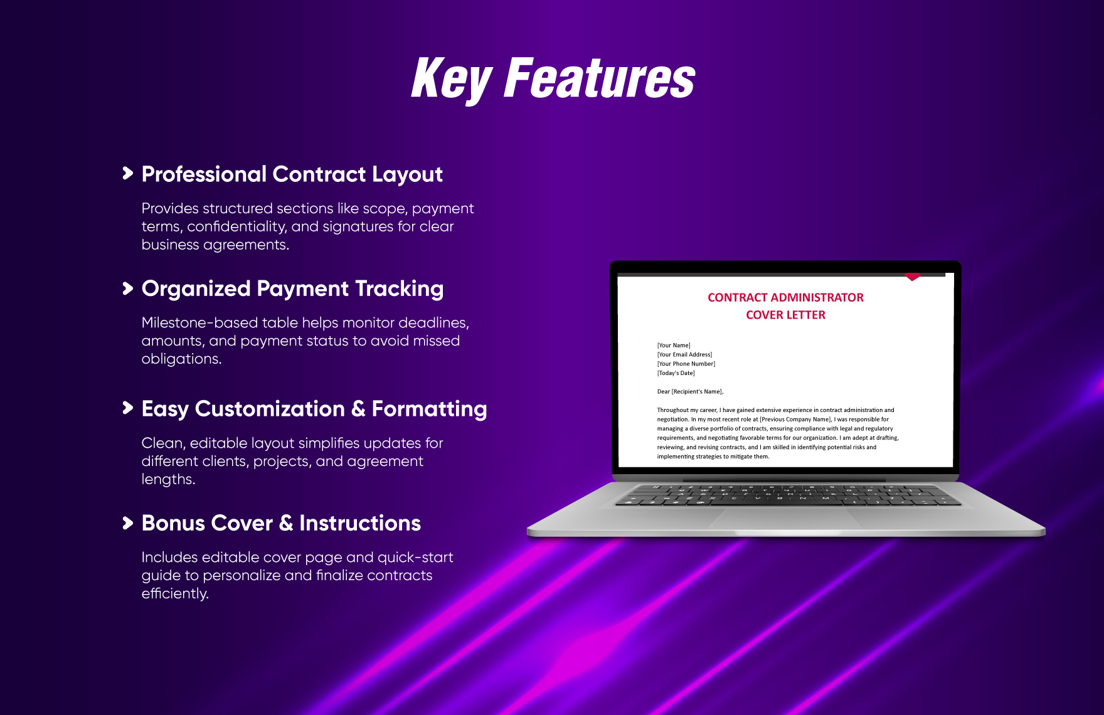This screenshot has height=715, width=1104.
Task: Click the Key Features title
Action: (x=553, y=78)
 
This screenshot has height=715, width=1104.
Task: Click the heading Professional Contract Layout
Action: (x=292, y=174)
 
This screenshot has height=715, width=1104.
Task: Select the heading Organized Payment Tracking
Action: (x=292, y=289)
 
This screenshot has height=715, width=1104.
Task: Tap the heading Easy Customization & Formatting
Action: (x=314, y=409)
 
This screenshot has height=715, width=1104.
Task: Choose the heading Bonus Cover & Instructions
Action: (x=281, y=523)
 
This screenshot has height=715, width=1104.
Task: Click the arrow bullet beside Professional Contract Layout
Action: (x=128, y=173)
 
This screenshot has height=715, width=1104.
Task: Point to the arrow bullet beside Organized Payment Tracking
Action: (x=128, y=288)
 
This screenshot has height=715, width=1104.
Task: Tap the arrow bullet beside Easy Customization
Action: (x=128, y=408)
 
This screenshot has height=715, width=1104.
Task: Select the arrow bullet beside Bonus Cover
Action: (x=128, y=522)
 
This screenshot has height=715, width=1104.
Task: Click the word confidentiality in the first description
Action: (x=236, y=226)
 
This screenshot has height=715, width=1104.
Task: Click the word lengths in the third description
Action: (x=168, y=480)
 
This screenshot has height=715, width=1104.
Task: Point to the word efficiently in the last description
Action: (x=175, y=594)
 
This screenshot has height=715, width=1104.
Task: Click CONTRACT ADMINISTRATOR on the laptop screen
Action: (x=785, y=297)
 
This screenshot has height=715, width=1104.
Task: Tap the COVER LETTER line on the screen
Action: (x=785, y=315)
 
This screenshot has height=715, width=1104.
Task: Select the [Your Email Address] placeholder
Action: (x=684, y=354)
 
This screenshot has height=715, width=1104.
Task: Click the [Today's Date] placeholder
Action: (x=676, y=373)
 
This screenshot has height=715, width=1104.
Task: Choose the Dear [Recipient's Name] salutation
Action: (x=690, y=391)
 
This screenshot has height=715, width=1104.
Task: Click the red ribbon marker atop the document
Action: (x=913, y=277)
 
